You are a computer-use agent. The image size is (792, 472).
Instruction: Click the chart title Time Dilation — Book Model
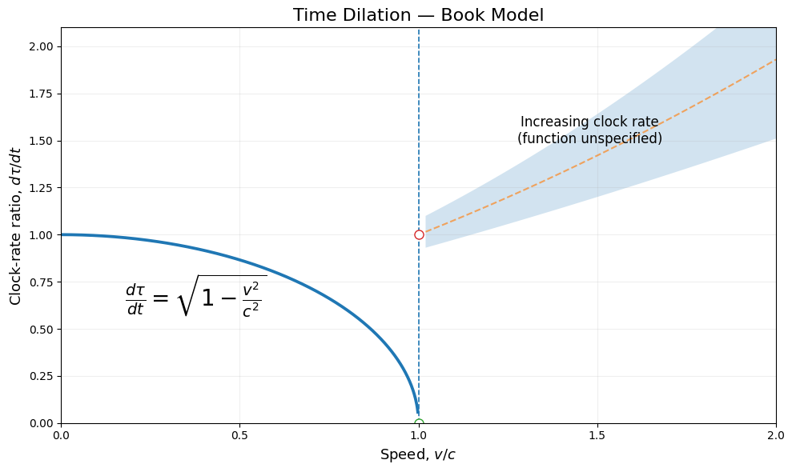[x=418, y=14]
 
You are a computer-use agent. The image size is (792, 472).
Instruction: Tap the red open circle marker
[x=419, y=234]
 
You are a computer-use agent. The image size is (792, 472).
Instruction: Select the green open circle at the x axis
[x=419, y=422]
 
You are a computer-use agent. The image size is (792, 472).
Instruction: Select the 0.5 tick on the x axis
[x=239, y=435]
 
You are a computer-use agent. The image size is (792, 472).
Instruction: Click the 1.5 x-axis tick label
[x=597, y=435]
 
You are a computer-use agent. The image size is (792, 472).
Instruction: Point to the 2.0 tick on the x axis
[x=776, y=435]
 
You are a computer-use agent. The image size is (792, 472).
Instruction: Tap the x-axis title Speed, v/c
[x=418, y=454]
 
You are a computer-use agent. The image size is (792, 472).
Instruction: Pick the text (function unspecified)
[x=589, y=138]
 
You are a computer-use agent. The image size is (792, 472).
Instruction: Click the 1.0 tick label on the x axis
[x=419, y=435]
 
